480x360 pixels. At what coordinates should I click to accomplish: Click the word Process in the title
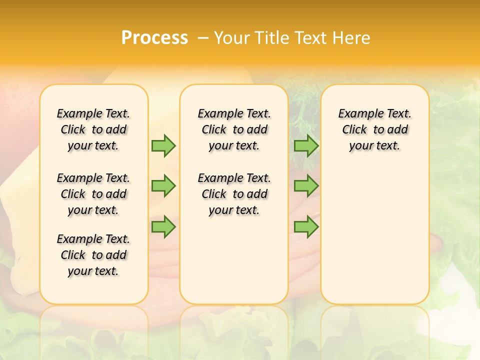coord(154,37)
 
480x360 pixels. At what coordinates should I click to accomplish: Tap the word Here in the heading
coord(352,37)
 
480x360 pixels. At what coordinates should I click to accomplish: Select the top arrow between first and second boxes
coord(163,145)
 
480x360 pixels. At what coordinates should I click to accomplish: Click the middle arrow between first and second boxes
coord(163,186)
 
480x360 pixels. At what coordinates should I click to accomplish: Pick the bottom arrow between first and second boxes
coord(163,227)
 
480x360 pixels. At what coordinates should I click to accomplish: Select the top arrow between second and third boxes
coord(306,145)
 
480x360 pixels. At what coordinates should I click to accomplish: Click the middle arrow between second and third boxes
coord(306,186)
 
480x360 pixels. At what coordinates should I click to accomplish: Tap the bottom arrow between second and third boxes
coord(306,227)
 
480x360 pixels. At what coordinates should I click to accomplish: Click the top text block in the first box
coord(93,129)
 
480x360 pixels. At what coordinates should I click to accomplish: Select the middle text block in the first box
coord(93,194)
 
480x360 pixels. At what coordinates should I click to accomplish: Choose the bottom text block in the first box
coord(93,255)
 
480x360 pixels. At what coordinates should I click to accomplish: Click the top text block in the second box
coord(234,129)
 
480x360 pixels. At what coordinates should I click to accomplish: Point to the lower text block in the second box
coord(234,194)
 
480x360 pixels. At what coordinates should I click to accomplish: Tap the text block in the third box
coord(375,129)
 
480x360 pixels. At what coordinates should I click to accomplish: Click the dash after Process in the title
coord(203,37)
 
